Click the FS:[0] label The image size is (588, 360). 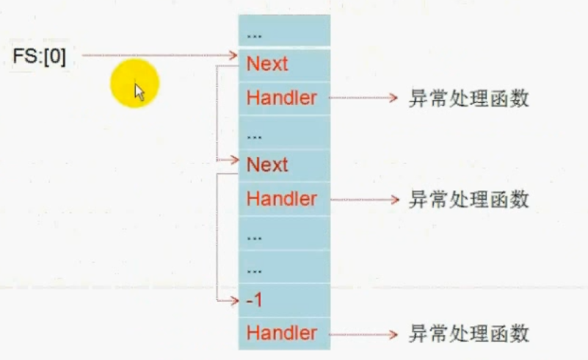click(x=39, y=57)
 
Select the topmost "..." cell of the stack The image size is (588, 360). click(x=284, y=32)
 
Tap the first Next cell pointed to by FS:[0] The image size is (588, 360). click(x=284, y=64)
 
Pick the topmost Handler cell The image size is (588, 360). click(x=284, y=98)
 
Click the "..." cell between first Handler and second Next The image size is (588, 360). click(x=284, y=133)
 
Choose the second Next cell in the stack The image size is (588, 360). click(x=284, y=165)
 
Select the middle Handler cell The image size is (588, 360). click(x=284, y=198)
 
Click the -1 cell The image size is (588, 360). click(x=284, y=300)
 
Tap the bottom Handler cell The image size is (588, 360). click(x=284, y=333)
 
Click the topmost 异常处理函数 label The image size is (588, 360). click(x=468, y=98)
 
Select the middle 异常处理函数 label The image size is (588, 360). click(x=468, y=199)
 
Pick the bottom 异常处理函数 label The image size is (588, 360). click(x=468, y=334)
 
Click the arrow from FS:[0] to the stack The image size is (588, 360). click(x=158, y=55)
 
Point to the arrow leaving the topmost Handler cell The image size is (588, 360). click(x=363, y=98)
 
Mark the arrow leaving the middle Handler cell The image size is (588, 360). click(x=363, y=198)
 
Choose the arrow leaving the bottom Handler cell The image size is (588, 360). click(x=363, y=334)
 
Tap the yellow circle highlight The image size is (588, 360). click(x=135, y=82)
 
